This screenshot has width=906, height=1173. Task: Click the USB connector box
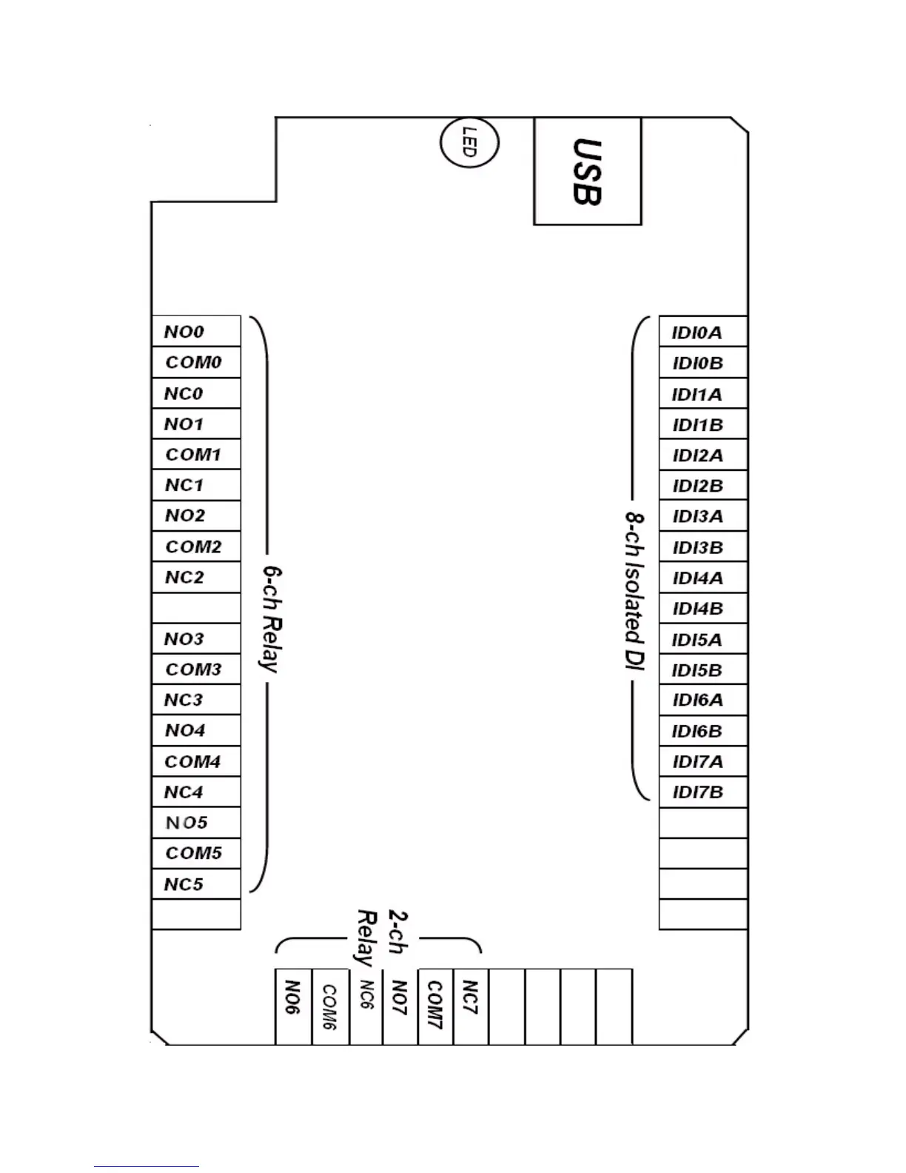(587, 171)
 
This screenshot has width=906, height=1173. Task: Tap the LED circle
(469, 142)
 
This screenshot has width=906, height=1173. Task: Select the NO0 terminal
(196, 332)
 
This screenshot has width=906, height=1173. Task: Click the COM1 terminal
(196, 455)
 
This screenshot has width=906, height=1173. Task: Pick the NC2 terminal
(196, 578)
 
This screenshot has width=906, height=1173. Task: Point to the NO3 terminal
(196, 638)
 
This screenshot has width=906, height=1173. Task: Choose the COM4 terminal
(196, 761)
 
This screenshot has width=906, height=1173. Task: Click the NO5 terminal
(196, 823)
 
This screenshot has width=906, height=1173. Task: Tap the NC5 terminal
(196, 884)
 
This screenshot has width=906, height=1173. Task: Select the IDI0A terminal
(702, 332)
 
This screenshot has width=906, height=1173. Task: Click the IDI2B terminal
(702, 486)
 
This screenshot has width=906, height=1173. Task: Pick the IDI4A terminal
(702, 578)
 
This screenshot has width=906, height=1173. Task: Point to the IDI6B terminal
(702, 731)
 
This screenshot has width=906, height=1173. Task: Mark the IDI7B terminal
(702, 792)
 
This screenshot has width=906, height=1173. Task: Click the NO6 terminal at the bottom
(293, 1006)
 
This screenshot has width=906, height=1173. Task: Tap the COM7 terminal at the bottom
(435, 1006)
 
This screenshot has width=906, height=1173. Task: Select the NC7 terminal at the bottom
(471, 1006)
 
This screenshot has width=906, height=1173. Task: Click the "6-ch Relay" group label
(272, 619)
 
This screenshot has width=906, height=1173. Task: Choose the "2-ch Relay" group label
(382, 936)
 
